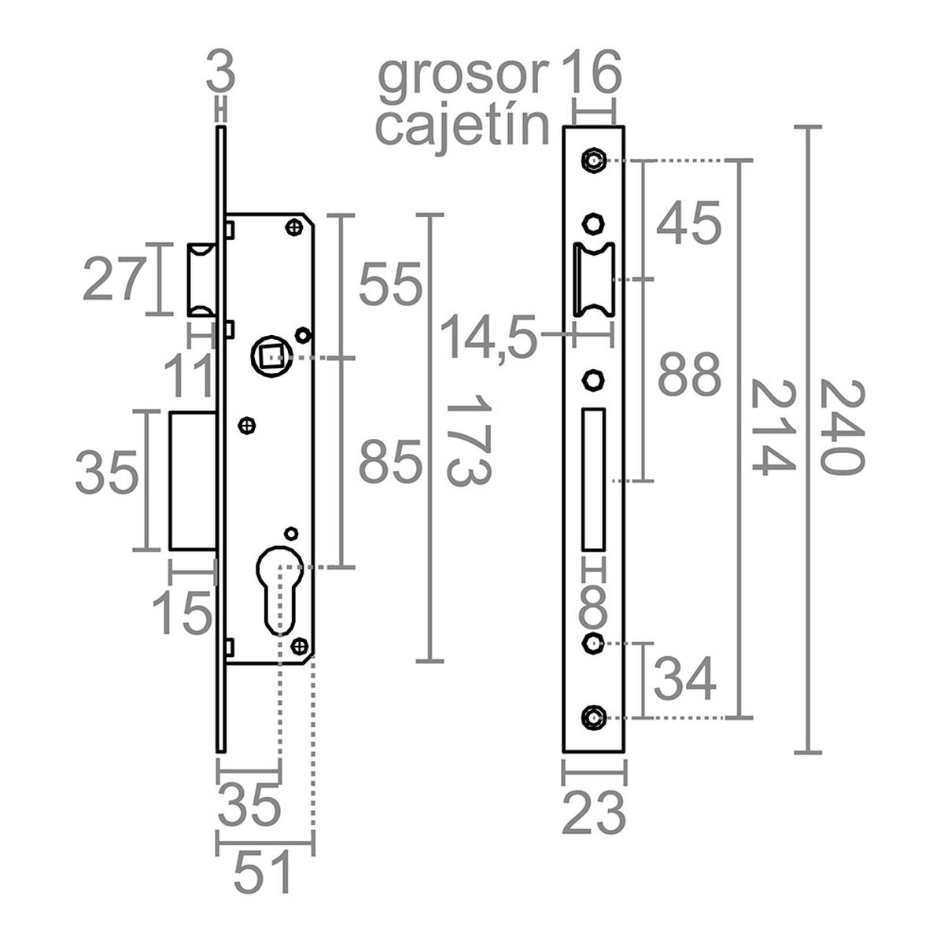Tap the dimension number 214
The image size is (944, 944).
coord(772,427)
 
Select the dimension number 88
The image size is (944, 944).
coord(689,375)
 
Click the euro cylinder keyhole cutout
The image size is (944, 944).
coord(279,586)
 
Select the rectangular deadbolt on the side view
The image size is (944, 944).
coord(193,480)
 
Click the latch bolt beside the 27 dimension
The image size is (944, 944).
coord(200,279)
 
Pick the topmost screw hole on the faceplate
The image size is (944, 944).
coord(593,160)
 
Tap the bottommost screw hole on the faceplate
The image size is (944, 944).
coord(593,717)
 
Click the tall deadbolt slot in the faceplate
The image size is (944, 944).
coord(593,479)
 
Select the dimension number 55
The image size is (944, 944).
coord(391,284)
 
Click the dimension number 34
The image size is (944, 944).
coord(685,680)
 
